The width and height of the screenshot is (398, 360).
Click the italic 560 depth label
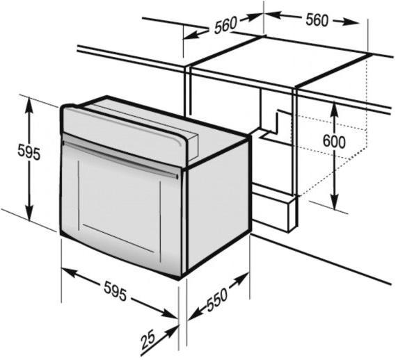(225, 25)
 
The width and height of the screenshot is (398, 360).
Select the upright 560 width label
(317, 19)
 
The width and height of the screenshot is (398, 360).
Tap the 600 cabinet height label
(334, 142)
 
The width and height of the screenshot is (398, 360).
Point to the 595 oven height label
(29, 153)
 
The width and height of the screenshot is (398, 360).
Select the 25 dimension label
(148, 341)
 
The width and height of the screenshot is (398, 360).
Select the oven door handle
(120, 159)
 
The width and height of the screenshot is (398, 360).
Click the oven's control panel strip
(125, 131)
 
